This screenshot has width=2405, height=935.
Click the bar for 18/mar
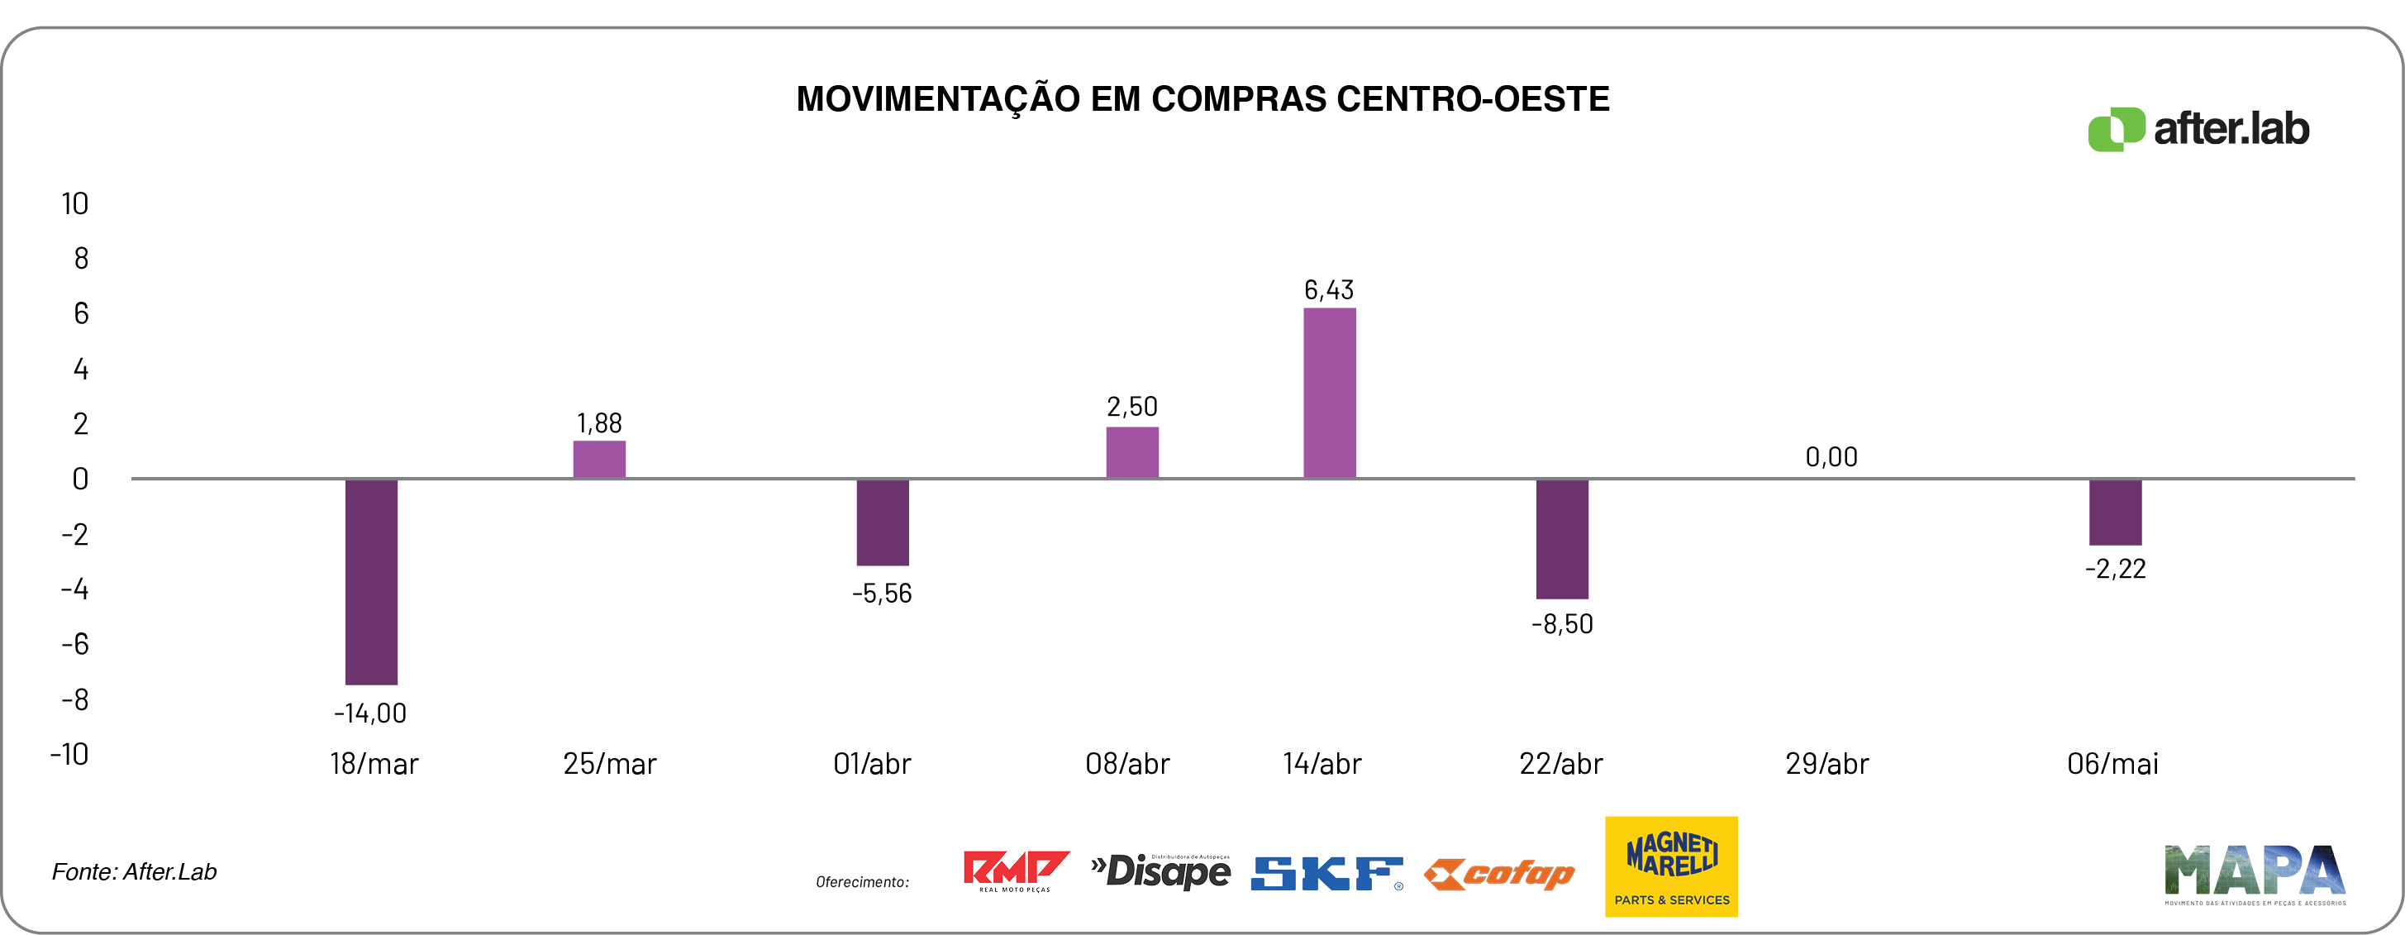(x=372, y=581)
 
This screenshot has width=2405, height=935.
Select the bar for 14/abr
(x=1330, y=394)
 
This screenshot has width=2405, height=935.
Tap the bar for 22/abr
(x=1562, y=539)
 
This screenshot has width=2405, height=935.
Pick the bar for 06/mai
(x=2115, y=512)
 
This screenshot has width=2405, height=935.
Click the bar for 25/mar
(x=599, y=460)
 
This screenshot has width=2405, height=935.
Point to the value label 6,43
(x=1329, y=290)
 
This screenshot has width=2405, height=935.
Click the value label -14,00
(x=370, y=713)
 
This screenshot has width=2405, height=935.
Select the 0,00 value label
(x=1831, y=457)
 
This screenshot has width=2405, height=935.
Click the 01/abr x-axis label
(x=872, y=764)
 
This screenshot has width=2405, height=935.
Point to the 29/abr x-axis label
(x=1827, y=764)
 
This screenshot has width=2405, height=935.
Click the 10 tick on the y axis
(x=74, y=203)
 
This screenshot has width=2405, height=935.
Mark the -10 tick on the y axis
(x=70, y=754)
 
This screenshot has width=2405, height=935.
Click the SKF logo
(x=1326, y=873)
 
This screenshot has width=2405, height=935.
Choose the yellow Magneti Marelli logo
(x=1671, y=866)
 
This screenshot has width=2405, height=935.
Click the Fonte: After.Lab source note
(x=135, y=871)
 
